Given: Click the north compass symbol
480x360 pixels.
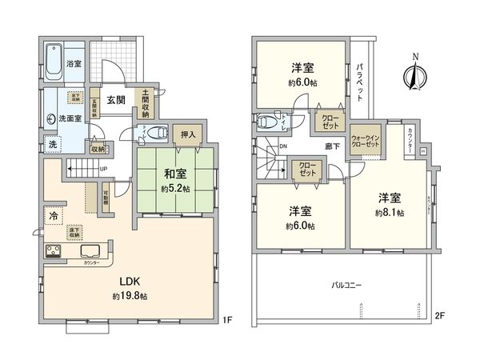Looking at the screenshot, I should (414, 75).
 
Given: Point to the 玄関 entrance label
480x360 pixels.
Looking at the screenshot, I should (116, 99).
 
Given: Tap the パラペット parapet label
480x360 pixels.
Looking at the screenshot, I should (361, 80).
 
